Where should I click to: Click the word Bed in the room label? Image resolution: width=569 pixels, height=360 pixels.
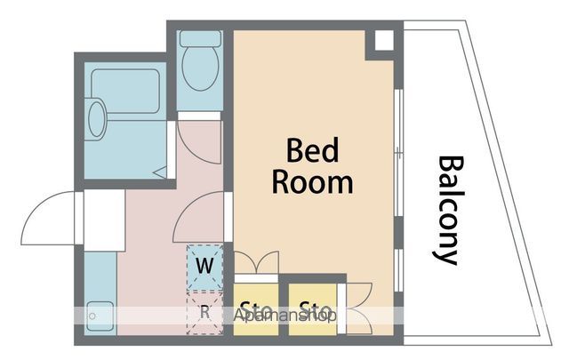(312, 150)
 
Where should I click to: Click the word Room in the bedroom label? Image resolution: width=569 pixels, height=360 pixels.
(312, 182)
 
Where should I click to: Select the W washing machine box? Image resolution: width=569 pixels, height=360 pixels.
(205, 265)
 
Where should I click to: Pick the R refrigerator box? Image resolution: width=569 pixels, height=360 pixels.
(205, 311)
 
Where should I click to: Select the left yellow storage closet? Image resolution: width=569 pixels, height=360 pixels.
(255, 308)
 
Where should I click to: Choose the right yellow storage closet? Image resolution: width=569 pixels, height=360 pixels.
(312, 308)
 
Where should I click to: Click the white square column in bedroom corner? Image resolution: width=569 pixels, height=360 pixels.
(383, 42)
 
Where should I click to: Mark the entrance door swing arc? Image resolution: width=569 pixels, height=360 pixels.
(46, 218)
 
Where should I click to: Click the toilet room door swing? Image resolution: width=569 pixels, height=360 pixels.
(197, 142)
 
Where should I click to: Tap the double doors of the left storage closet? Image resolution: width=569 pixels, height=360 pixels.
(257, 264)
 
